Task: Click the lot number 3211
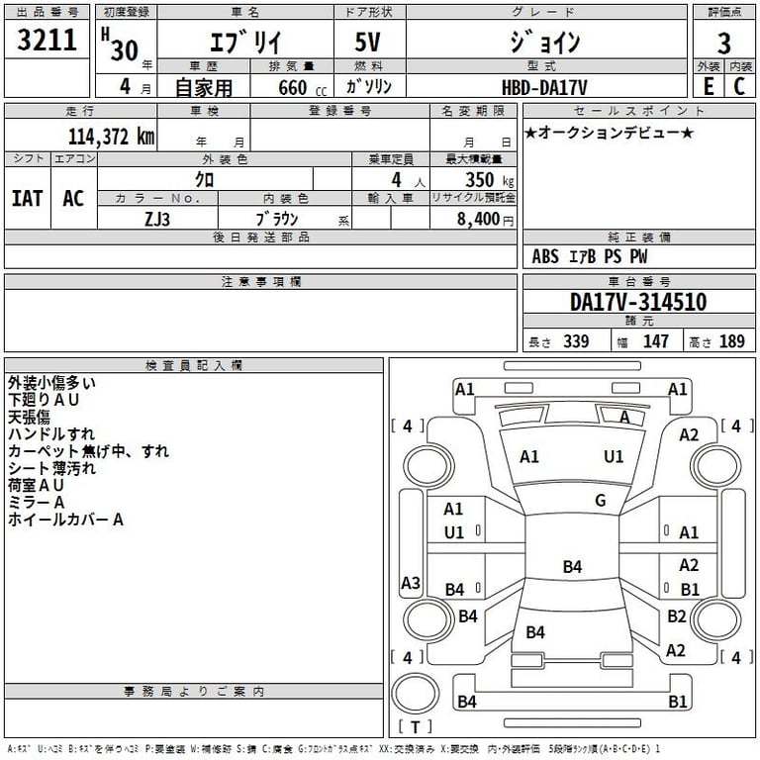click(47, 42)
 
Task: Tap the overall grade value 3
click(724, 43)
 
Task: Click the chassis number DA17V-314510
click(638, 302)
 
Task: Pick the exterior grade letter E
click(709, 87)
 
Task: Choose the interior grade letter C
click(739, 87)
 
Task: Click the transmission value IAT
click(27, 198)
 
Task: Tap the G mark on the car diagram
click(600, 501)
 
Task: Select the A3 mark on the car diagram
click(411, 583)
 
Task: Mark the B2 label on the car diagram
click(676, 617)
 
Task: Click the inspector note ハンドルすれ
click(51, 433)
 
